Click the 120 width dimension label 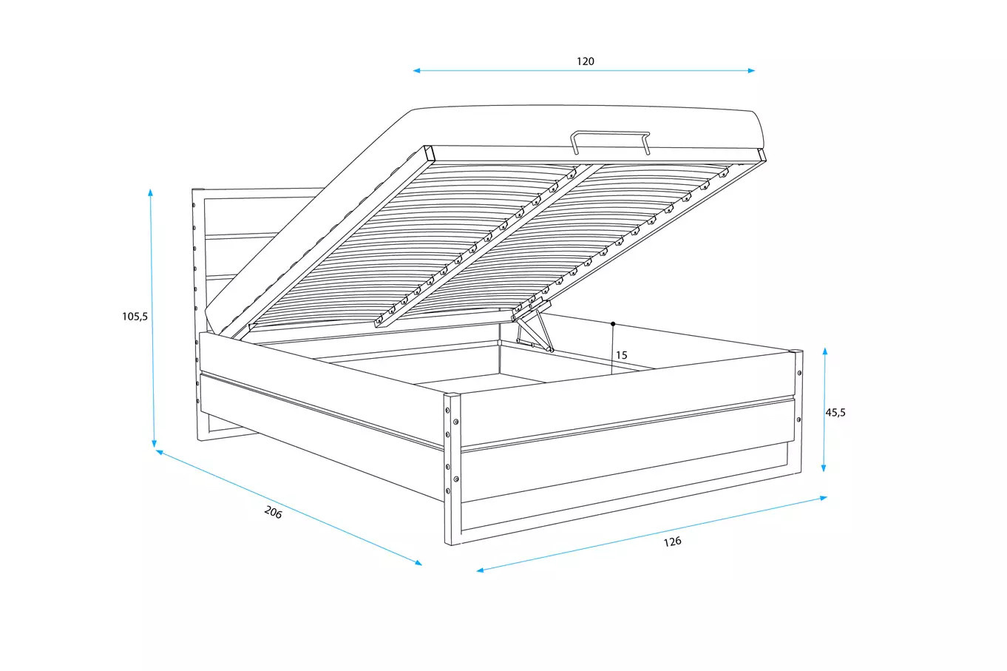pyautogui.click(x=586, y=61)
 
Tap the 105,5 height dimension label pyautogui.click(x=135, y=317)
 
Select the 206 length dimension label pyautogui.click(x=273, y=512)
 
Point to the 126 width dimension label pyautogui.click(x=673, y=542)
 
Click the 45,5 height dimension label pyautogui.click(x=835, y=412)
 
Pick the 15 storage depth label pyautogui.click(x=621, y=355)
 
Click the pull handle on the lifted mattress pyautogui.click(x=611, y=141)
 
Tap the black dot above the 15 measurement pyautogui.click(x=613, y=324)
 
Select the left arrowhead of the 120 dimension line pyautogui.click(x=416, y=70)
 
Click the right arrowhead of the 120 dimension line pyautogui.click(x=751, y=70)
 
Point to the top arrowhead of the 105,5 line pyautogui.click(x=150, y=192)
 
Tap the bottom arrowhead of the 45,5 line pyautogui.click(x=824, y=468)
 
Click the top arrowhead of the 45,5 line pyautogui.click(x=825, y=351)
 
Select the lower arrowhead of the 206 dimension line pyautogui.click(x=418, y=562)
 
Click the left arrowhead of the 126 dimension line pyautogui.click(x=480, y=570)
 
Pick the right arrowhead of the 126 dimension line pyautogui.click(x=824, y=498)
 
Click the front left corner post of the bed pyautogui.click(x=452, y=469)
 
